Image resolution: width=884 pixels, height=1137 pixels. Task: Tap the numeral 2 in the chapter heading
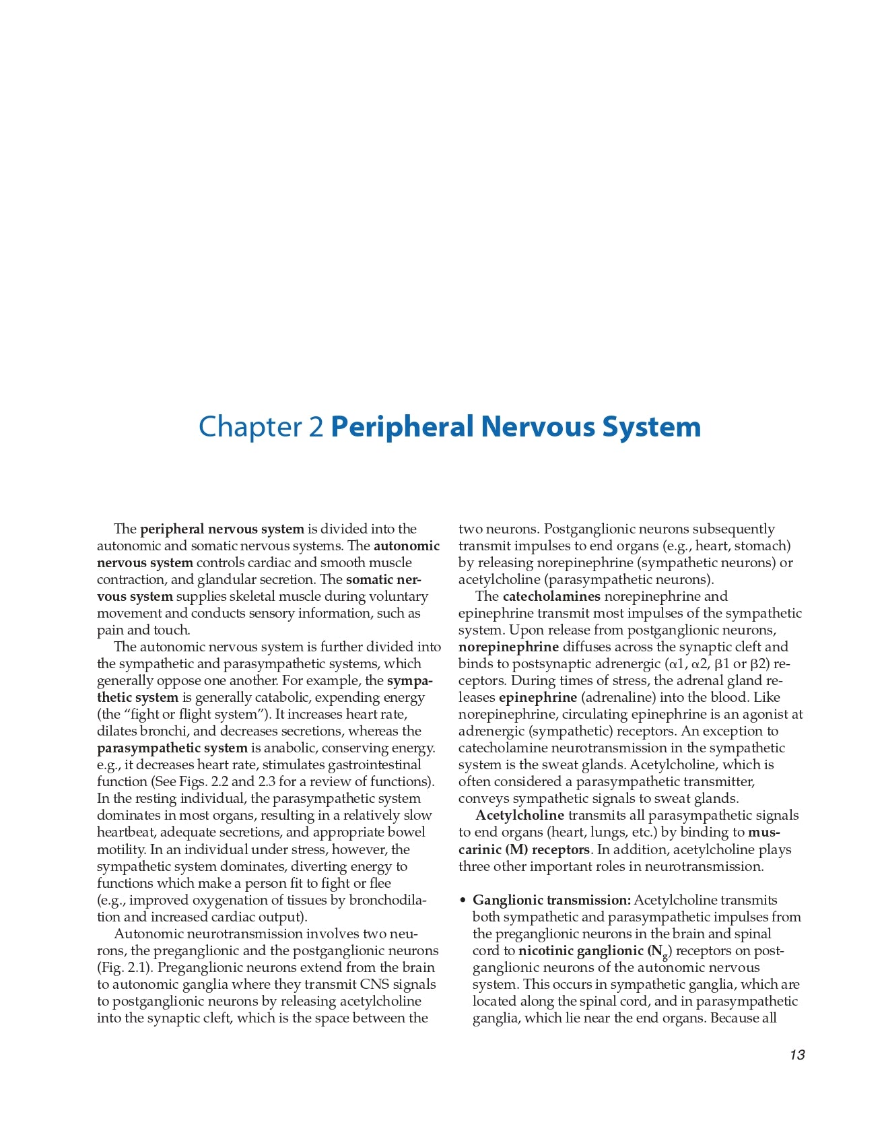316,427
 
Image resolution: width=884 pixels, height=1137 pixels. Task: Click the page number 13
797,1055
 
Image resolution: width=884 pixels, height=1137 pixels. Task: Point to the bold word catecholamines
551,596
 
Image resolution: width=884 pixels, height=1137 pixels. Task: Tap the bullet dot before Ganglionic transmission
463,901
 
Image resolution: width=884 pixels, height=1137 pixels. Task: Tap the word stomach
764,546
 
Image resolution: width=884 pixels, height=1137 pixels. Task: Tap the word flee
379,883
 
